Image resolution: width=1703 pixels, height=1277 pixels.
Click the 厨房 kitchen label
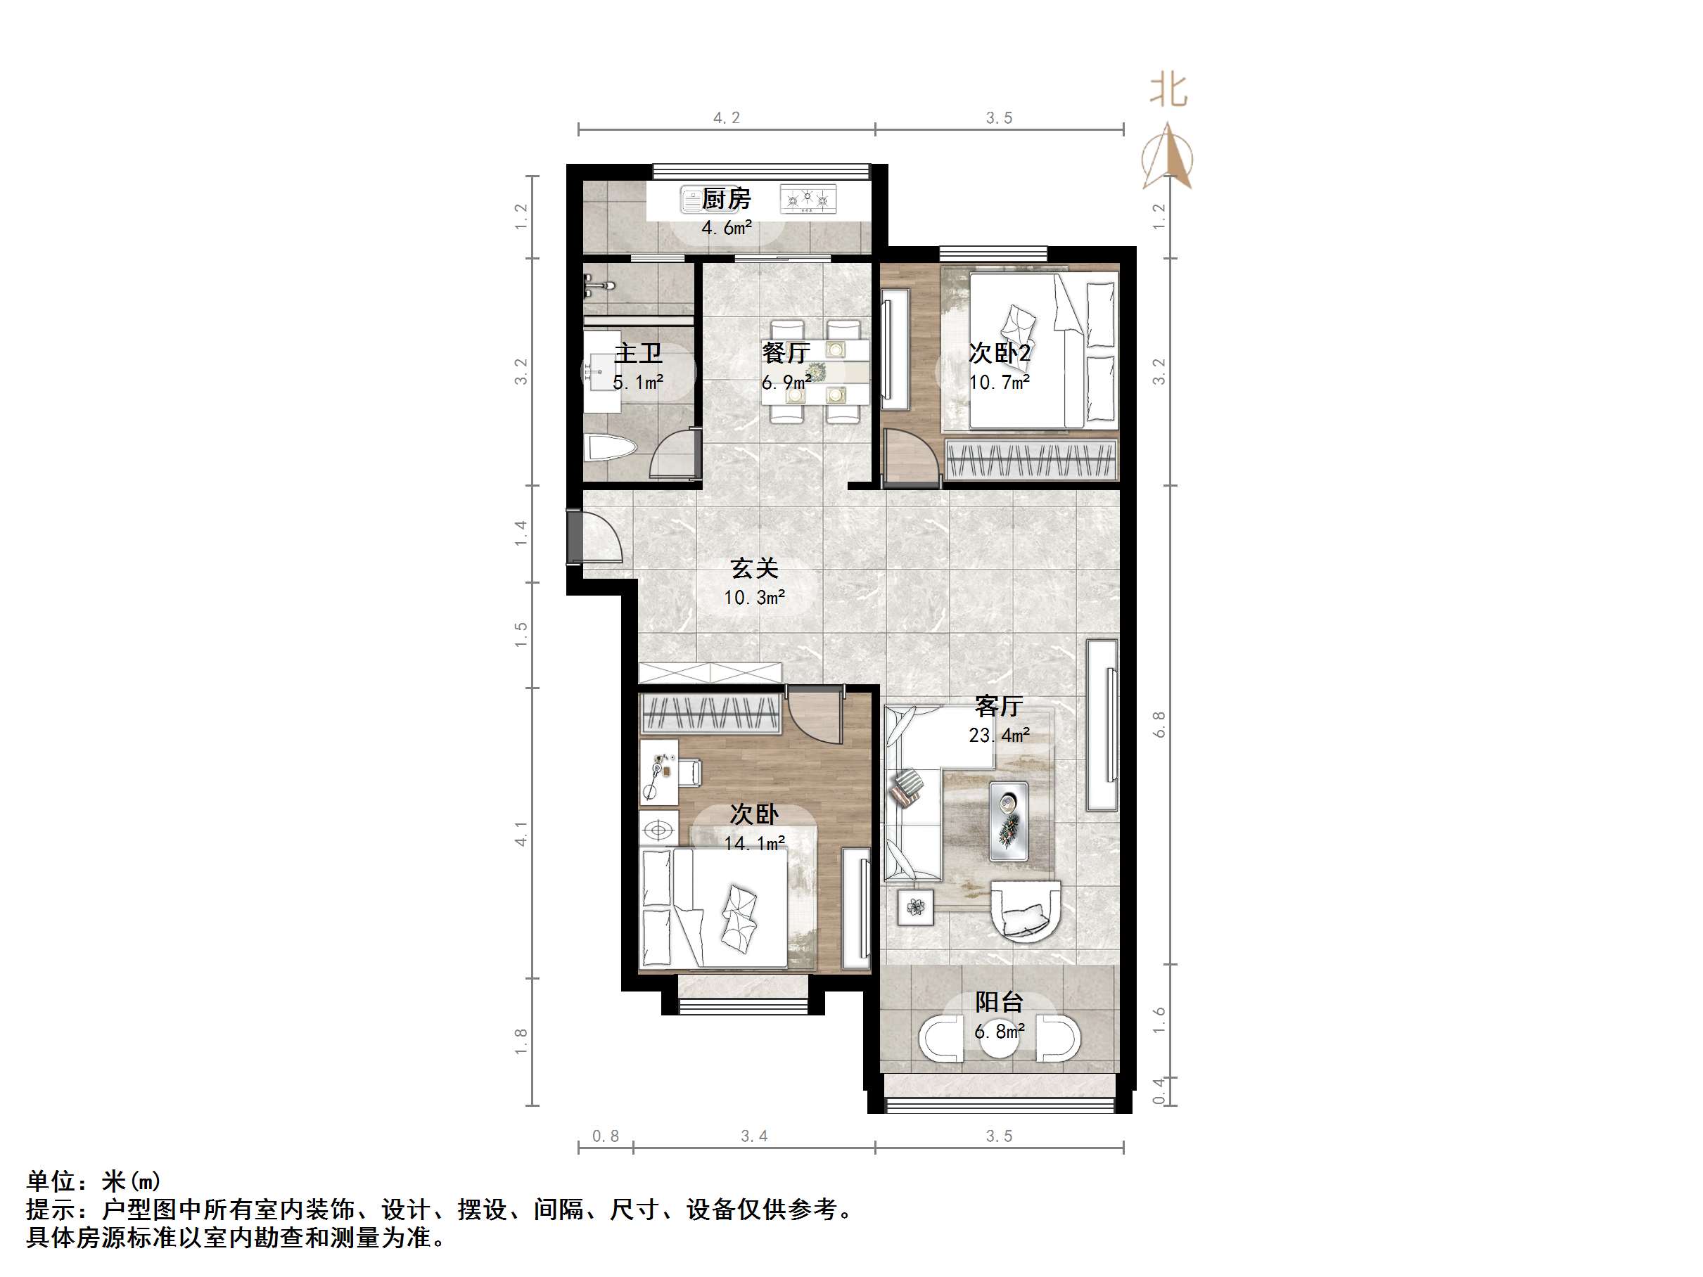point(726,198)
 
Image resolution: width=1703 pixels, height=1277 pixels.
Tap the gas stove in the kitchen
point(808,200)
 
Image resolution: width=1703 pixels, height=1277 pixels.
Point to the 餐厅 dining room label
point(785,353)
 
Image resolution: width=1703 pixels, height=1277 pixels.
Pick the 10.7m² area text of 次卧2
point(999,383)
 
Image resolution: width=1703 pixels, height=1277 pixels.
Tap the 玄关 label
point(755,569)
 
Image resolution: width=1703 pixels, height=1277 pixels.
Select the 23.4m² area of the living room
point(999,735)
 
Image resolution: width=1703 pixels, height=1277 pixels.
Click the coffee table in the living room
point(1009,821)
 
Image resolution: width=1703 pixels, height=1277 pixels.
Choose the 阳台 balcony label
point(999,1001)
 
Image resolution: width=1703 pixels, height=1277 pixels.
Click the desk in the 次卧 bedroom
point(659,772)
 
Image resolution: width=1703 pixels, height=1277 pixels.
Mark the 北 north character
point(1168,91)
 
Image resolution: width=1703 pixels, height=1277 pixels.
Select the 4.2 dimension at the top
point(726,117)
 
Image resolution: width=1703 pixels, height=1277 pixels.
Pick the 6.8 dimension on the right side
point(1159,724)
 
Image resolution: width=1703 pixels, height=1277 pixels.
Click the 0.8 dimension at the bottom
point(605,1136)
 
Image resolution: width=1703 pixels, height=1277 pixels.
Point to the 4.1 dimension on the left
point(521,835)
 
